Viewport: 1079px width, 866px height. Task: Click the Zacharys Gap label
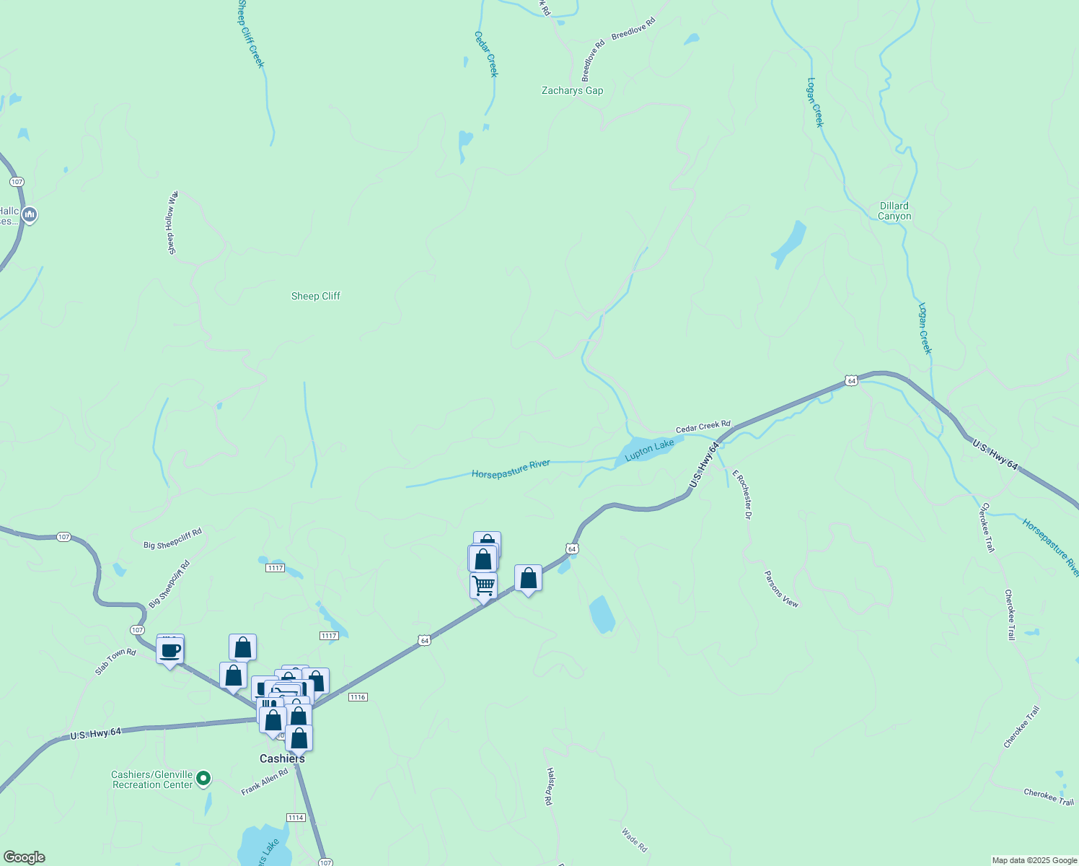[572, 91]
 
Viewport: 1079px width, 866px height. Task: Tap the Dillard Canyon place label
[894, 211]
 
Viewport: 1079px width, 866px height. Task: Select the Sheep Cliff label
[315, 297]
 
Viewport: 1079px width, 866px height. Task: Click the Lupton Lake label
[649, 450]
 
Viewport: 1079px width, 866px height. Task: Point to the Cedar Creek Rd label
[703, 427]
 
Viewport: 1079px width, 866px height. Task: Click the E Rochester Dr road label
[742, 494]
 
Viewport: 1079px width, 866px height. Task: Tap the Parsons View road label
[782, 589]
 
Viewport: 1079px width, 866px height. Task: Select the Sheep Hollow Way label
[172, 223]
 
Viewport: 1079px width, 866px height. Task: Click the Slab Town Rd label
[115, 662]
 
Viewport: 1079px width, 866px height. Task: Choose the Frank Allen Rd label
[264, 782]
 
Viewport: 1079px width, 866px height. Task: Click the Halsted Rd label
[550, 786]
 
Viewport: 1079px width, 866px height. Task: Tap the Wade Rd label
[635, 839]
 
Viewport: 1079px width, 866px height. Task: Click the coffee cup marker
[170, 650]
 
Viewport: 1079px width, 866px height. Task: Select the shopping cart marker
[483, 585]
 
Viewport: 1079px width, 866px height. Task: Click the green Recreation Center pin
[203, 778]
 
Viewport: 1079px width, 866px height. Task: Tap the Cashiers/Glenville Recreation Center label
[152, 780]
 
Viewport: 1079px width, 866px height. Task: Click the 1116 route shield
[358, 697]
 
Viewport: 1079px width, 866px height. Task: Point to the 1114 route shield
[296, 818]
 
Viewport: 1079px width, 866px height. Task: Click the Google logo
[25, 857]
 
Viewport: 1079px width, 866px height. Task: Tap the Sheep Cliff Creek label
[251, 34]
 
